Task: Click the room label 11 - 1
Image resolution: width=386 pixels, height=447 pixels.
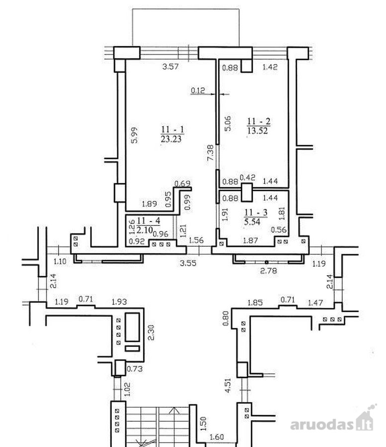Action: pyautogui.click(x=173, y=130)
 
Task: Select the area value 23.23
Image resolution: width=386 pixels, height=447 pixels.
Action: pyautogui.click(x=171, y=139)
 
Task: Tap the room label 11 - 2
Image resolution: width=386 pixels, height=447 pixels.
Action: pyautogui.click(x=258, y=121)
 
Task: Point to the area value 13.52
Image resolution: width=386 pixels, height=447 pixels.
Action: pyautogui.click(x=258, y=131)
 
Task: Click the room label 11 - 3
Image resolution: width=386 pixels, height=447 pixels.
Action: pyautogui.click(x=256, y=213)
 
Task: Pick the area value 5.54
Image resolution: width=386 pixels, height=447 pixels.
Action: pyautogui.click(x=252, y=222)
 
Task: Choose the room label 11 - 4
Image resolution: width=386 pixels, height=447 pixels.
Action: pyautogui.click(x=148, y=221)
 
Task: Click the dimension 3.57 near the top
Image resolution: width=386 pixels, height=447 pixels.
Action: pyautogui.click(x=170, y=67)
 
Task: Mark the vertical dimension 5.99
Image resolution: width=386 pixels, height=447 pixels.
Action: pyautogui.click(x=134, y=135)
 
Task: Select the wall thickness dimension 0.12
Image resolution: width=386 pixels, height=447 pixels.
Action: pyautogui.click(x=198, y=90)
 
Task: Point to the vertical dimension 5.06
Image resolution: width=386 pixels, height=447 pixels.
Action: pyautogui.click(x=227, y=124)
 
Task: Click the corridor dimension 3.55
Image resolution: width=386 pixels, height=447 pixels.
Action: pyautogui.click(x=188, y=263)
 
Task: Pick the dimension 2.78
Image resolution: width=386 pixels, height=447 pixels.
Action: pyautogui.click(x=269, y=270)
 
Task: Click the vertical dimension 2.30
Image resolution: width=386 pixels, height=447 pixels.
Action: pyautogui.click(x=151, y=332)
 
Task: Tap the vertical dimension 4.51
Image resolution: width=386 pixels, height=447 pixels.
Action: pyautogui.click(x=227, y=385)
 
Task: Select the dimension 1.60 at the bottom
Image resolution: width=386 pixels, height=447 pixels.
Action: pyautogui.click(x=217, y=437)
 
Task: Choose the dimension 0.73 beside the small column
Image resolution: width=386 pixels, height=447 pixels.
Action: pyautogui.click(x=134, y=369)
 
